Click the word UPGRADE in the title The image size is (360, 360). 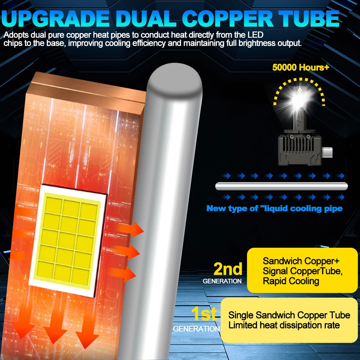coord(56,19)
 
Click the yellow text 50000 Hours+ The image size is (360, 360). coord(301,67)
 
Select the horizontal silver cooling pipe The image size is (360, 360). coord(282,186)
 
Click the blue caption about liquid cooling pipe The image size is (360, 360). coord(274,209)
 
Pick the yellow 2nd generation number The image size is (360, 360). coord(228,269)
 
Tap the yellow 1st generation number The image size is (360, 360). coord(204,313)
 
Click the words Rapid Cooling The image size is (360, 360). coord(291,281)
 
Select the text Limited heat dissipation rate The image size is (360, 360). coord(284,325)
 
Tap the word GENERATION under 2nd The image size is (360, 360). coord(222,281)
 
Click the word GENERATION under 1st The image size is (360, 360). coord(196,329)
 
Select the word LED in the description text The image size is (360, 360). coord(255,35)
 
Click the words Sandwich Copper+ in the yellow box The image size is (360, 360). coord(301,261)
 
